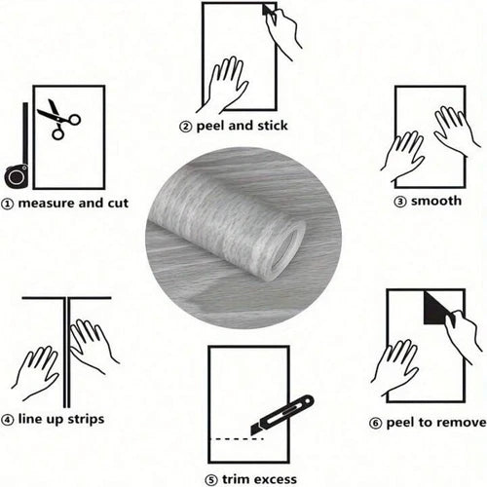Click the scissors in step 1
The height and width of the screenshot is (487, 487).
tap(59, 120)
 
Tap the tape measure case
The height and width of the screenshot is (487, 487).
tap(16, 175)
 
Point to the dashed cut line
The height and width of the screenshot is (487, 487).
tap(237, 439)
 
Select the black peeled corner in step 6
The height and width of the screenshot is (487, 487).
tap(436, 308)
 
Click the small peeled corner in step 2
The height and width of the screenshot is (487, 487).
tap(268, 10)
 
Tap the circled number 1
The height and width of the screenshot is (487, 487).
tap(7, 204)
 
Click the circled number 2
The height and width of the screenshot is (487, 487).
tap(185, 127)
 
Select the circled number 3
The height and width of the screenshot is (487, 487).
tap(399, 202)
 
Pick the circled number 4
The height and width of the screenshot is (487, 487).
tap(7, 420)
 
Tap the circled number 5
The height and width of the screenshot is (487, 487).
tap(211, 480)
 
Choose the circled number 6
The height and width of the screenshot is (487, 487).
tap(375, 424)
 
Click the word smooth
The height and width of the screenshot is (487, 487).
tap(436, 201)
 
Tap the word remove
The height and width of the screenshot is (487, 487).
tap(460, 423)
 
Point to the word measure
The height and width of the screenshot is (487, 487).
tap(47, 204)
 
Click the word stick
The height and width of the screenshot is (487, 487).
tap(272, 126)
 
